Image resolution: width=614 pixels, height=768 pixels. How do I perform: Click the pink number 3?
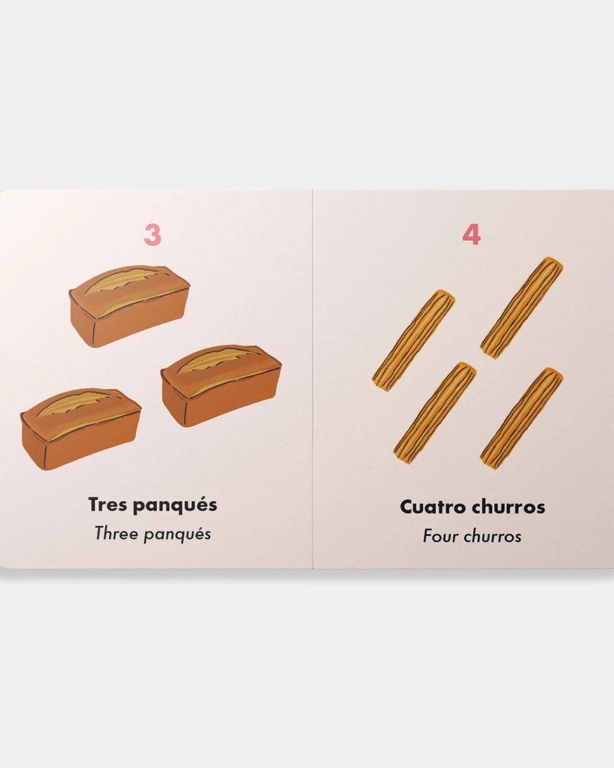coord(152,235)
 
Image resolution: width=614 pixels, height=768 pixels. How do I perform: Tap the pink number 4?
coord(471,235)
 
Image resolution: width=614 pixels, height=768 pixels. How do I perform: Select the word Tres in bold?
coord(108,505)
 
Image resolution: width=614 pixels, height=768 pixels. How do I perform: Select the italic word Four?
coord(441,537)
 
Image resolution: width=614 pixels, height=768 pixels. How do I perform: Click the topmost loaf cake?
coord(129,306)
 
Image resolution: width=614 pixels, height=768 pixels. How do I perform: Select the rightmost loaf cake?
coord(221,385)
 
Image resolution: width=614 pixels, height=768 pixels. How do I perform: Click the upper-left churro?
coord(414,341)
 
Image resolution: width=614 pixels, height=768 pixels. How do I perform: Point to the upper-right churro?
coord(522,307)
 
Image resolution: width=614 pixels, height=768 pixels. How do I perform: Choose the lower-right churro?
coord(522,419)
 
